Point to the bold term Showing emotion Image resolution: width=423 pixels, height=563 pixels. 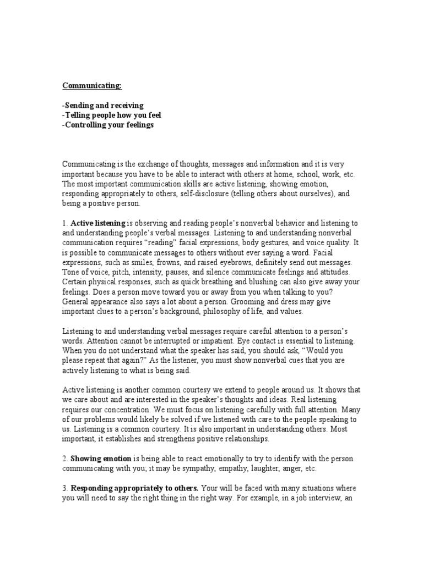click(101, 459)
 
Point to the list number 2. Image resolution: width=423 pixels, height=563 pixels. click(64, 459)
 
